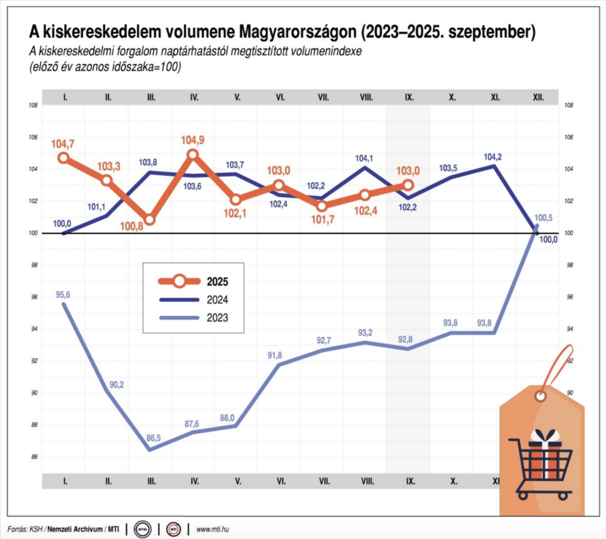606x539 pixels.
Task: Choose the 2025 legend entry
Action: tap(217, 281)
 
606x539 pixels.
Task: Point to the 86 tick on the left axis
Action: tap(34, 457)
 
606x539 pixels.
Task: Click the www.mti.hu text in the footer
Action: tap(212, 528)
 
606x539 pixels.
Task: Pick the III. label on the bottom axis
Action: tap(151, 481)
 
